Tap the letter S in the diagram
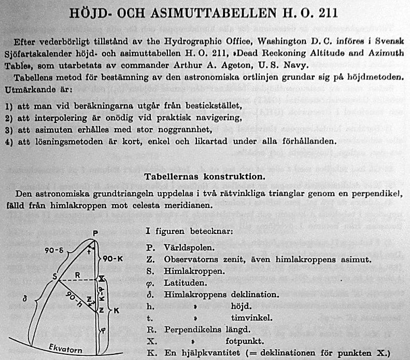[x=54, y=275]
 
